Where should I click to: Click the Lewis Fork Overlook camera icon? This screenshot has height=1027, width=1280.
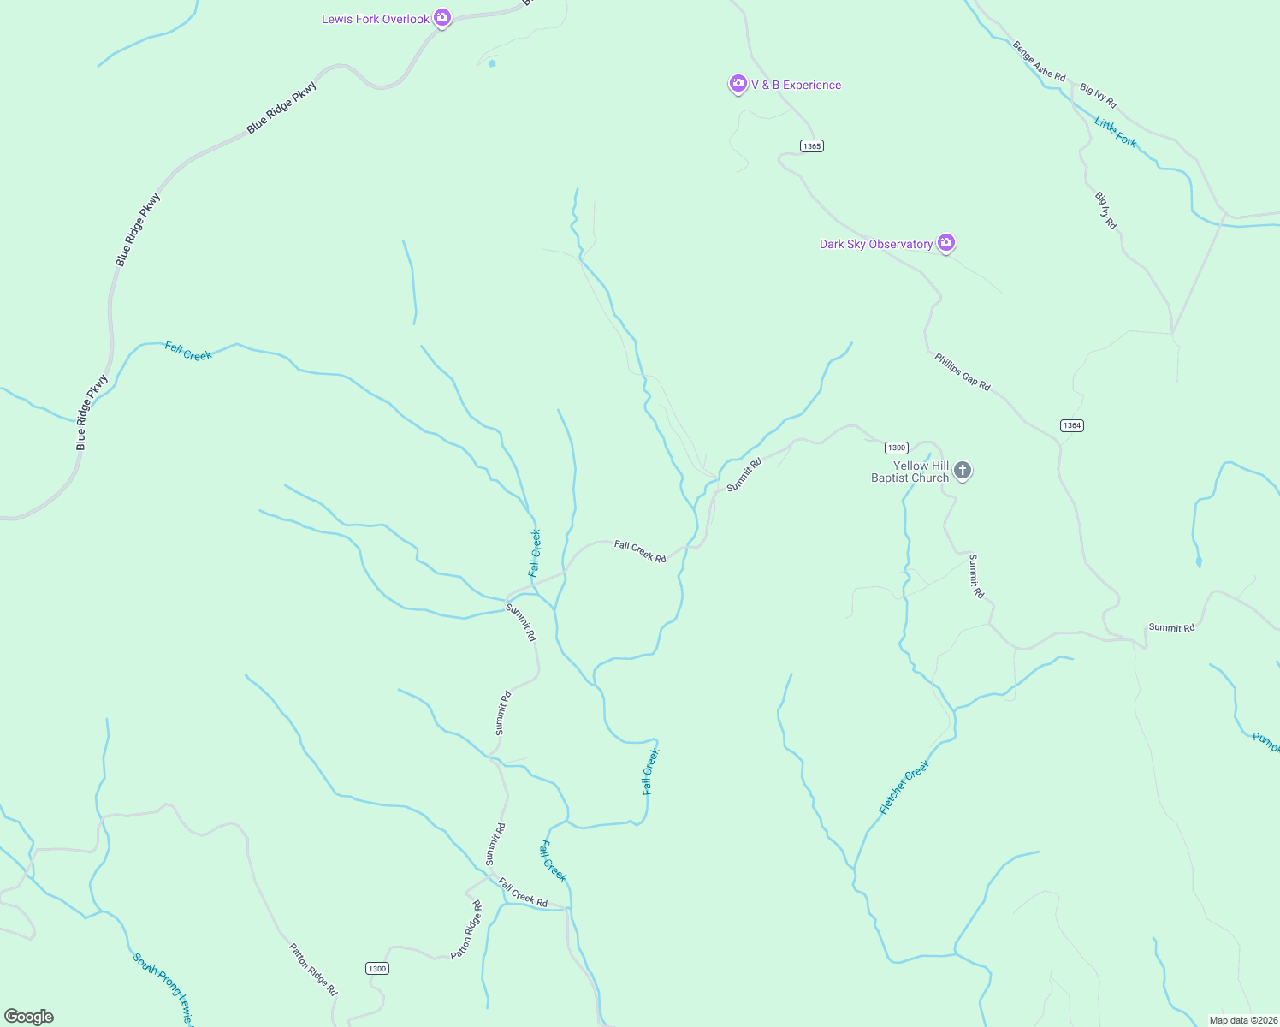tap(441, 17)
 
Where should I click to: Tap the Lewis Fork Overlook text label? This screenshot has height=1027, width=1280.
tap(376, 19)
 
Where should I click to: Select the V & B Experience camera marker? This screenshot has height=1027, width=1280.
tap(738, 83)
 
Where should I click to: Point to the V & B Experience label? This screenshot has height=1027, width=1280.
tap(796, 85)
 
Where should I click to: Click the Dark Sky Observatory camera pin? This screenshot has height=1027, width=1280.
tap(945, 242)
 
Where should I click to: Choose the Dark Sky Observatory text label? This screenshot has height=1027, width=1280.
tap(876, 244)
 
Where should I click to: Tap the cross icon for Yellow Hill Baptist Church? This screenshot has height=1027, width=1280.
tap(963, 470)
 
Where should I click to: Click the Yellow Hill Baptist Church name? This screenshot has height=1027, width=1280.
tap(910, 472)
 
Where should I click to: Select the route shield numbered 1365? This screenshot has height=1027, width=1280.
tap(812, 146)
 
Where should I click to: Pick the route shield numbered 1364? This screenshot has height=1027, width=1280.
tap(1072, 425)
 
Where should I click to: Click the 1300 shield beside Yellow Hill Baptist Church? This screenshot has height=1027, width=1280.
tap(896, 448)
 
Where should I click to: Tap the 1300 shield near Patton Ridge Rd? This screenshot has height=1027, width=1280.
tap(376, 968)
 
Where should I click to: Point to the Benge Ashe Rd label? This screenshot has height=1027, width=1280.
tap(1039, 62)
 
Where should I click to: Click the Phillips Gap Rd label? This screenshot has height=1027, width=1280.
tap(963, 372)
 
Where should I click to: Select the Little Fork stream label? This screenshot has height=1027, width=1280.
tap(1116, 133)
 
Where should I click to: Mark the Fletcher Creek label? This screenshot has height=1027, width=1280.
tap(904, 787)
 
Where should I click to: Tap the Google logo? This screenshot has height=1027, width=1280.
tap(29, 1017)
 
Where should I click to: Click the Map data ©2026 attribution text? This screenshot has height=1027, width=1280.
tap(1242, 1020)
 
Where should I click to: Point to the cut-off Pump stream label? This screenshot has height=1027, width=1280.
tap(1265, 743)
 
